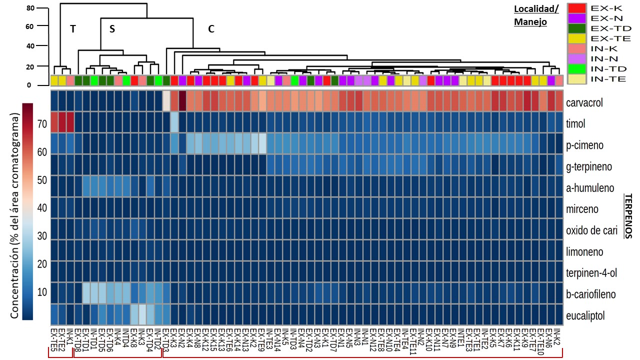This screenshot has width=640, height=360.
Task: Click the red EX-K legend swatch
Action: click(x=577, y=8)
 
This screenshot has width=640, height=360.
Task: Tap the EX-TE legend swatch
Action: click(x=577, y=38)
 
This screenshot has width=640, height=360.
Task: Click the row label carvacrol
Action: click(x=584, y=102)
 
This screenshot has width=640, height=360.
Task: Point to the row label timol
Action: click(x=575, y=123)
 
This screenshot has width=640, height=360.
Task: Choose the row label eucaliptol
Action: click(x=584, y=315)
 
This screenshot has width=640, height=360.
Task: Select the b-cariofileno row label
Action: click(x=591, y=294)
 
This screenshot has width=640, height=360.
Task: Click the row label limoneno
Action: click(x=584, y=251)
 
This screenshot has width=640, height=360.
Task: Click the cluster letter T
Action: click(x=72, y=29)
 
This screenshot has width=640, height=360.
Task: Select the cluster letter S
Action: click(x=112, y=29)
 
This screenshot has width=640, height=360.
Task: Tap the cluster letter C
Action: click(x=211, y=29)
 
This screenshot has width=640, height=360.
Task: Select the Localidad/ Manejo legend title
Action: click(x=537, y=15)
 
